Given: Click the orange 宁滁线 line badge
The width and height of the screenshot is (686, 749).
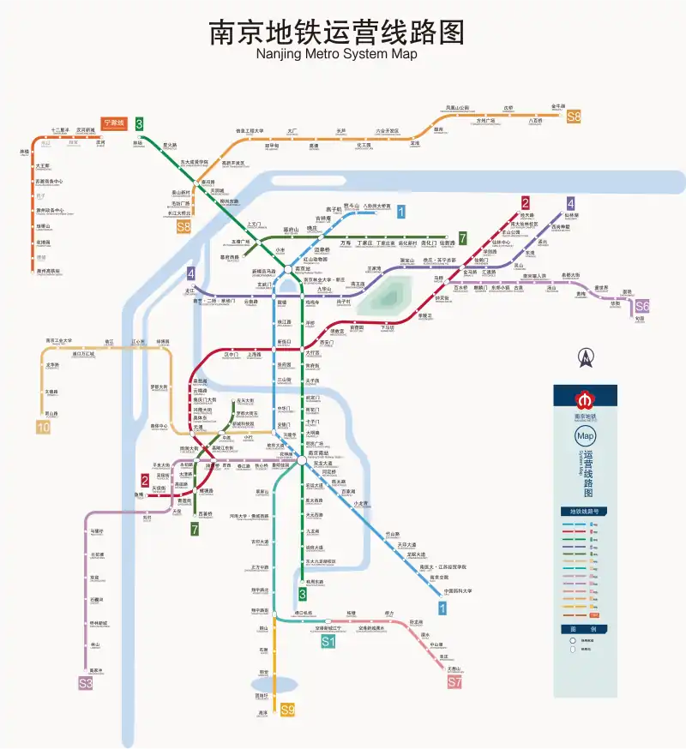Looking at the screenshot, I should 113,123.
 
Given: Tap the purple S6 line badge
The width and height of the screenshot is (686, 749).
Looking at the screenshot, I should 642,306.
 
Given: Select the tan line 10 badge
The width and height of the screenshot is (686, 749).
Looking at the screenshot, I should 43,427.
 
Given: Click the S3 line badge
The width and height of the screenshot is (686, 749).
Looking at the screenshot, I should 85,683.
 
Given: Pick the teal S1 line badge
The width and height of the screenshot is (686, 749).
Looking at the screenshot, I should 328,641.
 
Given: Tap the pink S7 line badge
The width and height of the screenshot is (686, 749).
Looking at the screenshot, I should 454,682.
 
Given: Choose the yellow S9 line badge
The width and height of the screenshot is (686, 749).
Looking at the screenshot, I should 288,710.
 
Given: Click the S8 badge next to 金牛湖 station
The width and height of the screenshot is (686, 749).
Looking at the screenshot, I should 573,117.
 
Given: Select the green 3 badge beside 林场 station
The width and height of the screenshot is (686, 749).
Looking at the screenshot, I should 139,124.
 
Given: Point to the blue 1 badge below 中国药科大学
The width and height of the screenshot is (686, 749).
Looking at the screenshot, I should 442,608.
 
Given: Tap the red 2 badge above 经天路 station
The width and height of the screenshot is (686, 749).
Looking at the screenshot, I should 525,203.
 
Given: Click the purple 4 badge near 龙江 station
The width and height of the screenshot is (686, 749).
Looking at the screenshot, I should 191,274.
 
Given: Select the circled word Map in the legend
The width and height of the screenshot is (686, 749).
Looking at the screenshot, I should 585,435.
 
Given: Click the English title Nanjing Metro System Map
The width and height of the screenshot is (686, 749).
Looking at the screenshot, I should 337,54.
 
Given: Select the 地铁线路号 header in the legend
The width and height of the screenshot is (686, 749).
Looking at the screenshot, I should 585,512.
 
